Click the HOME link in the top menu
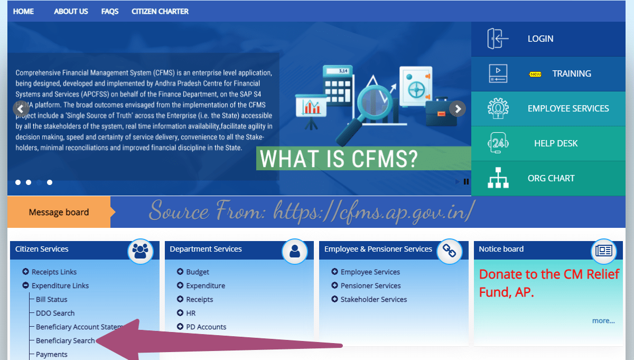[23, 11]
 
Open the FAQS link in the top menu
[110, 11]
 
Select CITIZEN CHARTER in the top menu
[160, 11]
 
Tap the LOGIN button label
[540, 39]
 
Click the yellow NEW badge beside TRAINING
[535, 74]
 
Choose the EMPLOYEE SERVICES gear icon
[498, 108]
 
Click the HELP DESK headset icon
[498, 143]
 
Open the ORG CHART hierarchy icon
[498, 178]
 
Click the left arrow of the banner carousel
[20, 109]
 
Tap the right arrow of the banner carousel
[458, 109]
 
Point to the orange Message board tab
[59, 212]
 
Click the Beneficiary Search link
[66, 340]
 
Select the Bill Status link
[52, 299]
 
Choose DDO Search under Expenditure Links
[55, 313]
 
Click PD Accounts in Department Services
[206, 327]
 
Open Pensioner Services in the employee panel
[370, 285]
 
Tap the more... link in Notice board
[603, 320]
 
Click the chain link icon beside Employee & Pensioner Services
[449, 251]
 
